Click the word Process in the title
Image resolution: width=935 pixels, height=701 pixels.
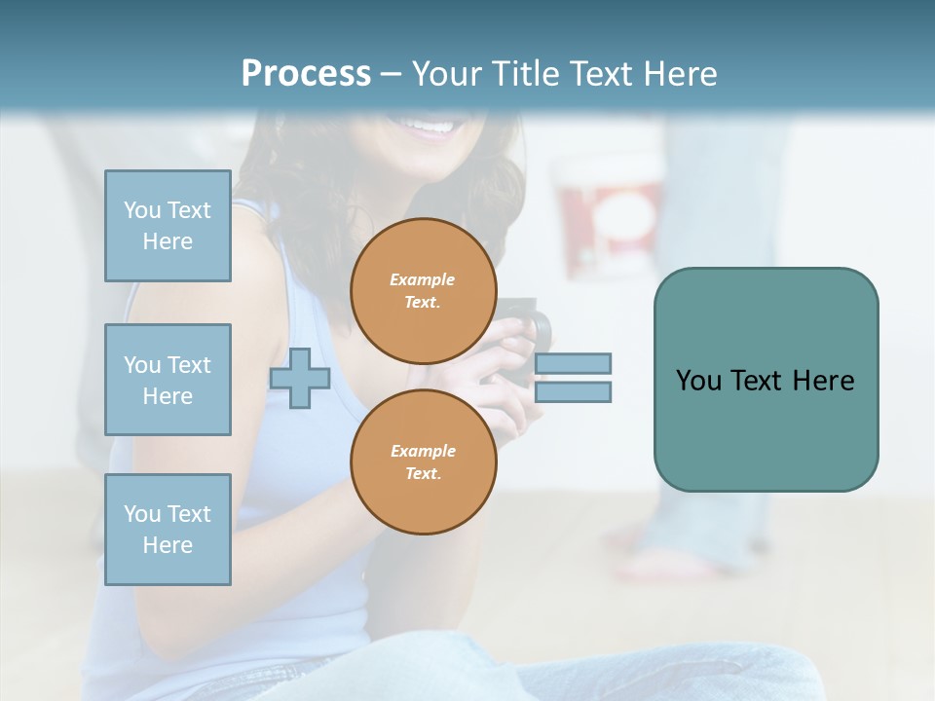(306, 74)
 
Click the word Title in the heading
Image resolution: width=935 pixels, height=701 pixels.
(527, 74)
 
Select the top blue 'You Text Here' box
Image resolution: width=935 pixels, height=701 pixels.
(168, 226)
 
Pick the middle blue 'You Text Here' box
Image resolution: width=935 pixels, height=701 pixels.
(168, 380)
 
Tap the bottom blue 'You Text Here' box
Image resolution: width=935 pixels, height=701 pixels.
(168, 530)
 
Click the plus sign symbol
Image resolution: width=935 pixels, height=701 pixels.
(300, 377)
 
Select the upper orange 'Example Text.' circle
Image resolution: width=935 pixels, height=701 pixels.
(423, 291)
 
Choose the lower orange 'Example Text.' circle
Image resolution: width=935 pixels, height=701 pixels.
(423, 462)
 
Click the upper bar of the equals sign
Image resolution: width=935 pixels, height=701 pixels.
(573, 363)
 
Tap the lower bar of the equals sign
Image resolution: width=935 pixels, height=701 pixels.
(573, 391)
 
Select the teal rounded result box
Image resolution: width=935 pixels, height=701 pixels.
(766, 380)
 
